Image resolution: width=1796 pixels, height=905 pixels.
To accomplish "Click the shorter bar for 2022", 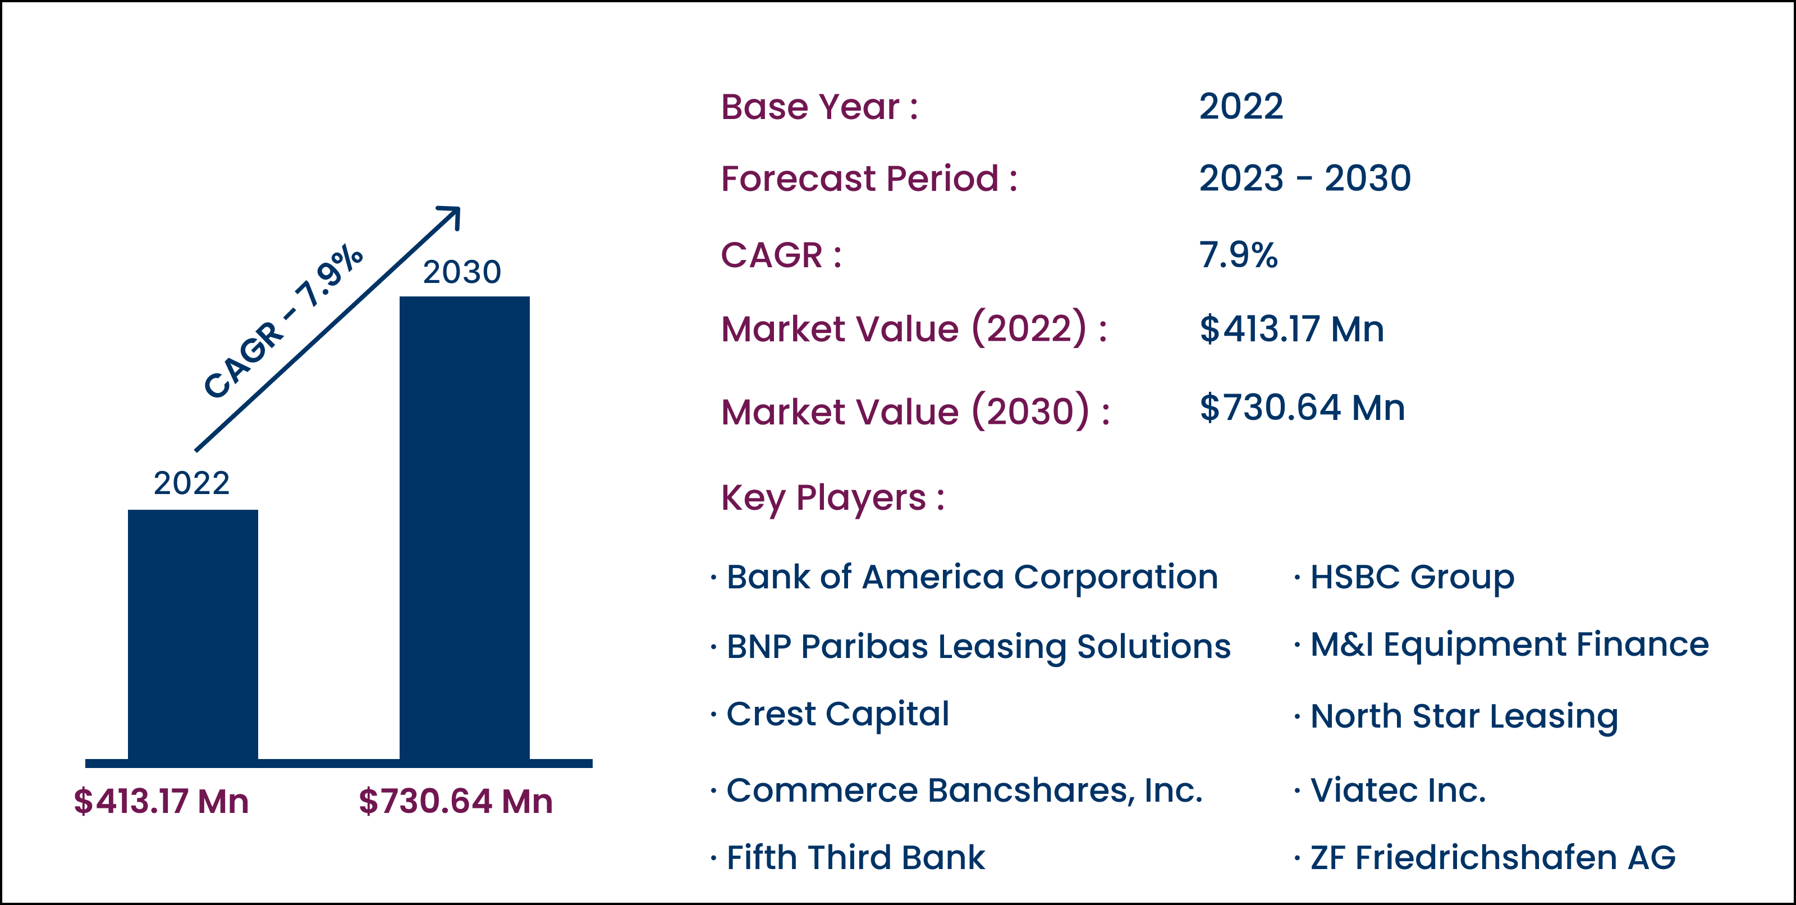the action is point(193,634).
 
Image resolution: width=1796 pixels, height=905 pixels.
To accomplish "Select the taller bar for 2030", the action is point(464,528).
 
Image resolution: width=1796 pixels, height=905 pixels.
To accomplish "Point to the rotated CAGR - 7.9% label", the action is point(283,322).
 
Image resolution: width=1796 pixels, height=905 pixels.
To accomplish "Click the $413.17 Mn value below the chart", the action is point(161,801).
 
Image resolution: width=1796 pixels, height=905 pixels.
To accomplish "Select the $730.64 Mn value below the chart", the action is point(456,801).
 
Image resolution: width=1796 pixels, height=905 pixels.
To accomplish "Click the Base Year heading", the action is point(819,107).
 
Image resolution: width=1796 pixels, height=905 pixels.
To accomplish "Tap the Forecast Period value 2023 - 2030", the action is point(1305,179).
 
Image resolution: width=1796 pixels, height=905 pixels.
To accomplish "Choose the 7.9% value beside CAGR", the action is point(1238,254).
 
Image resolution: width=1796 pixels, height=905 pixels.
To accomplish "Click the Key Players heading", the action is point(832,499).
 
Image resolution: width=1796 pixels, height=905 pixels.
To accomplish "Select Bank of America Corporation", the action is point(972,577).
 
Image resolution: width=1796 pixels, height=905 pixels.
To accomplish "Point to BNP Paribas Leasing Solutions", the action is point(978,647).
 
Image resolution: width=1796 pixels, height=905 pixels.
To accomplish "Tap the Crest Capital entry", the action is point(837,715).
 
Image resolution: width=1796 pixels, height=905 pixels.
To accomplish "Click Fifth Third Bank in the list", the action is point(855,858).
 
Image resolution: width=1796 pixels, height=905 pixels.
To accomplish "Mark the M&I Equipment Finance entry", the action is point(1509,645).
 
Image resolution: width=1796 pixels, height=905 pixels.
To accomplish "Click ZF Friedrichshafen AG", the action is point(1493,858).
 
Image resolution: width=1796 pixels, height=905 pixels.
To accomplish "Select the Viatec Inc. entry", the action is point(1398,790).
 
